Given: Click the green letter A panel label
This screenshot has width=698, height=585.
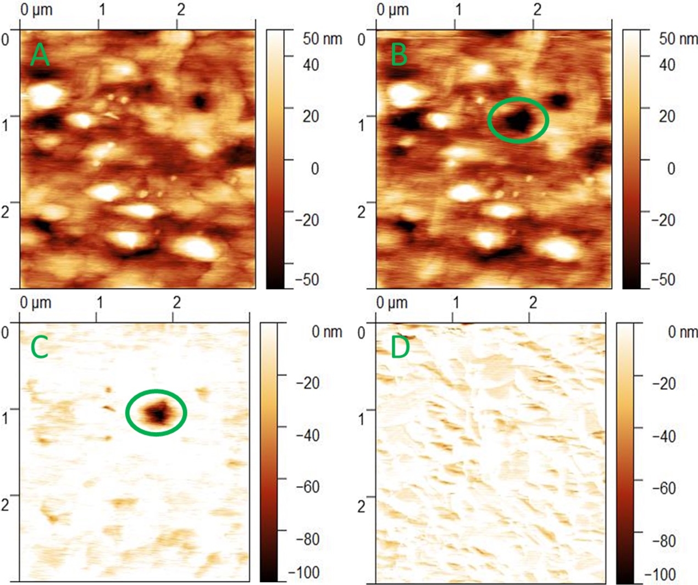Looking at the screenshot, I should click(40, 55).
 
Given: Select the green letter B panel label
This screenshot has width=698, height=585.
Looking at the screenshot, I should click(399, 55).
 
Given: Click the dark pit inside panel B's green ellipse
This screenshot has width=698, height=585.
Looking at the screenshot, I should click(517, 119).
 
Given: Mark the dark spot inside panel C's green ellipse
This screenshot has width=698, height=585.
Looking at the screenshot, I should click(158, 412).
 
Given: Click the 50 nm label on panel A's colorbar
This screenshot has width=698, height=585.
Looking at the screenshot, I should click(322, 39).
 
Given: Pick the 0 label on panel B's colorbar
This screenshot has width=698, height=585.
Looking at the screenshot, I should click(671, 168).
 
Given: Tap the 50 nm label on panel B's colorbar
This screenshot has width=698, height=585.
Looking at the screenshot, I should click(678, 39).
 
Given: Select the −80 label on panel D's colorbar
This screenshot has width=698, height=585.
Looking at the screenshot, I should click(667, 540).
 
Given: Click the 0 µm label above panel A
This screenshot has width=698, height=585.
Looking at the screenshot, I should click(36, 10).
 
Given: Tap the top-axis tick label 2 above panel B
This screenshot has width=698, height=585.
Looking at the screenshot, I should click(538, 10).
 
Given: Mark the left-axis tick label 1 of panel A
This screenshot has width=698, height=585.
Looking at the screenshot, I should click(6, 125).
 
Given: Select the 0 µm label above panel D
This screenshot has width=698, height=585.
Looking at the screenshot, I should click(392, 302).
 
